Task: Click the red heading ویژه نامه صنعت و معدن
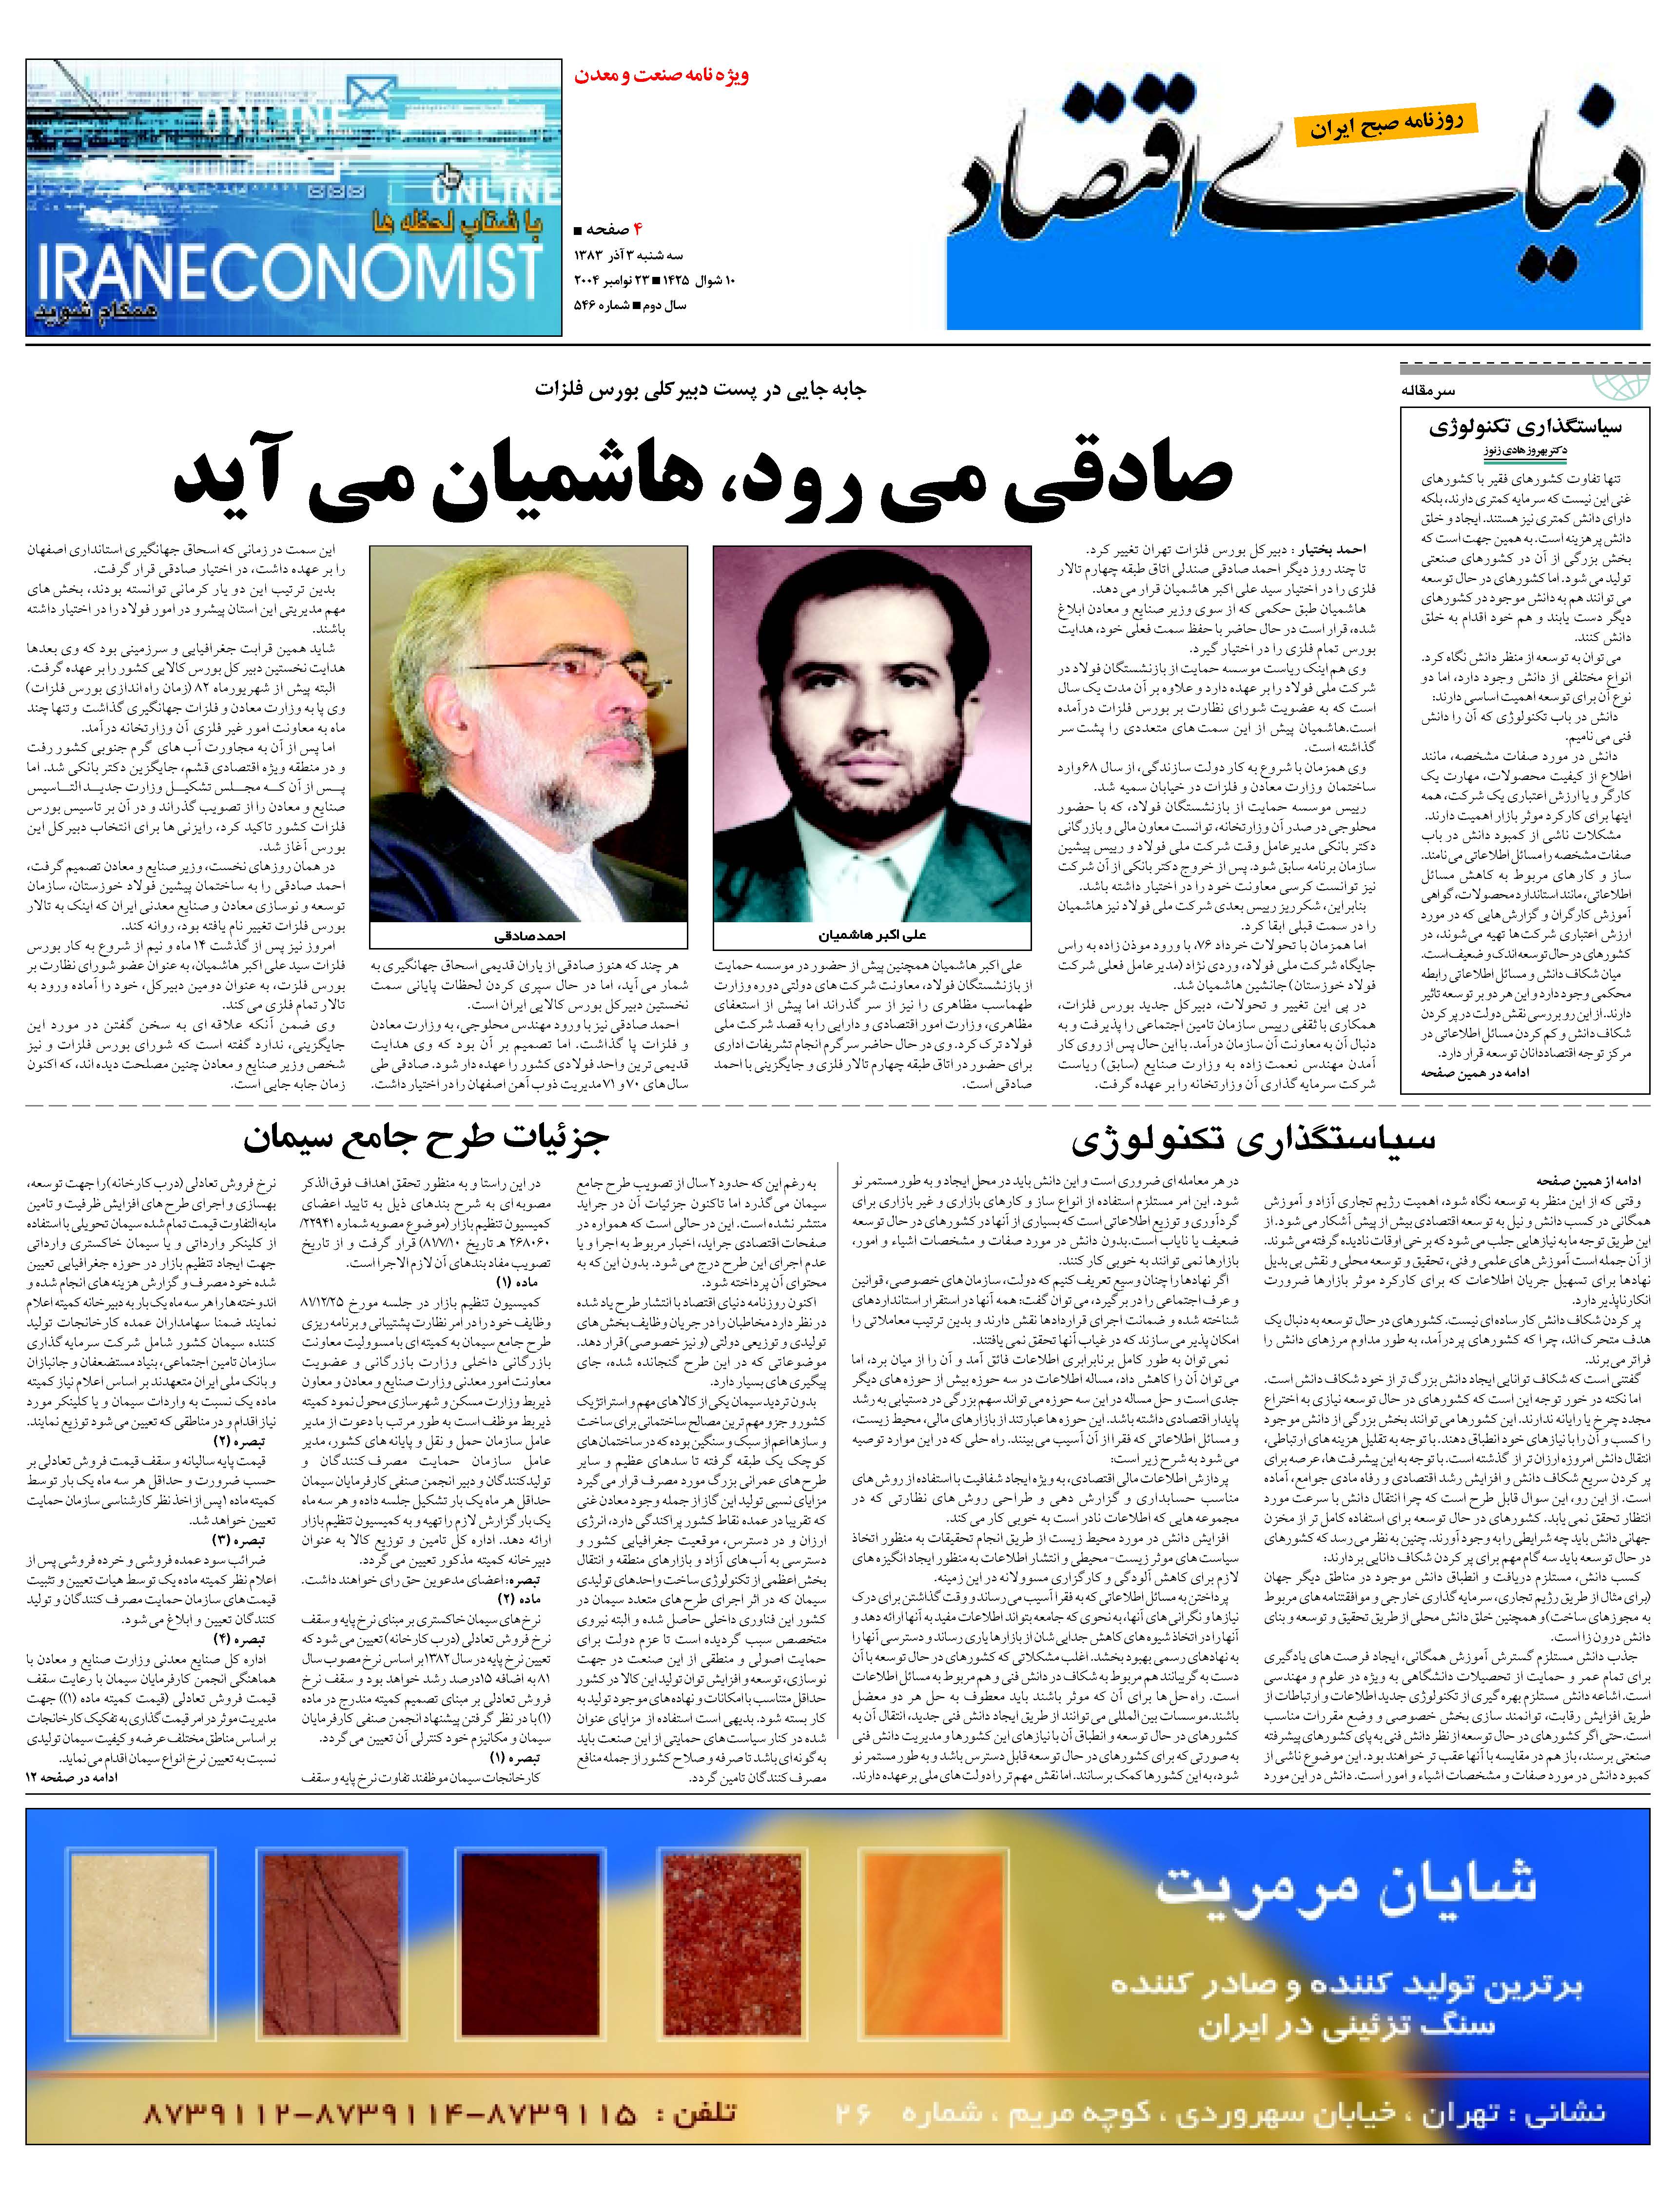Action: [x=661, y=75]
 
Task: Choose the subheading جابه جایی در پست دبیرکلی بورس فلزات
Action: [x=700, y=389]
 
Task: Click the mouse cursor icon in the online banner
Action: [x=449, y=177]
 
